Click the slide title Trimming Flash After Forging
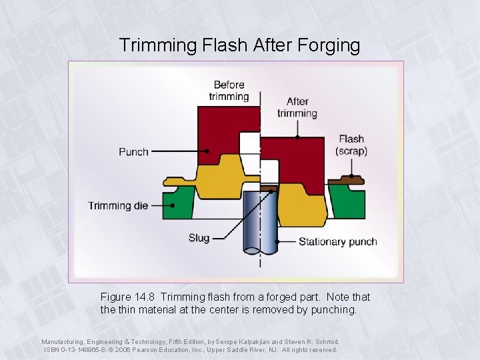click(x=239, y=45)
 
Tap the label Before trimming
click(x=229, y=91)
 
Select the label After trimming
click(x=297, y=107)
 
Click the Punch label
click(x=133, y=152)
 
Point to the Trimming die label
click(x=118, y=205)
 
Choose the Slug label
click(x=199, y=238)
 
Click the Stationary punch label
click(x=337, y=241)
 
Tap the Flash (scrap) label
click(x=351, y=145)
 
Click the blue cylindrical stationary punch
click(x=260, y=223)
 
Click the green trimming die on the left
click(x=178, y=203)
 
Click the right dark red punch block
click(x=293, y=160)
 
